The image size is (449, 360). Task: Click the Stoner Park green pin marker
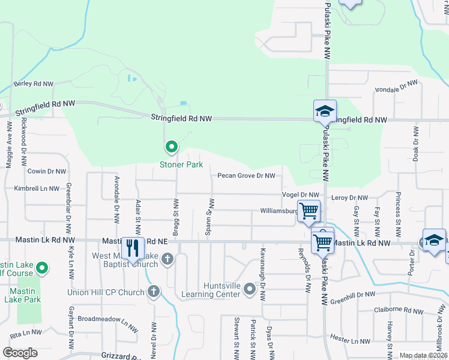coord(171,146)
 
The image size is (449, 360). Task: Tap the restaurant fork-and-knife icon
coord(132,247)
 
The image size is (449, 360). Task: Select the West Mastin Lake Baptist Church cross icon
coord(167,259)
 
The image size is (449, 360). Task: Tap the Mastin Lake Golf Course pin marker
coord(42,268)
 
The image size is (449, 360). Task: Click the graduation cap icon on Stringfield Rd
coord(324,111)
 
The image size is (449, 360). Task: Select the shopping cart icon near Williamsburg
coord(309,211)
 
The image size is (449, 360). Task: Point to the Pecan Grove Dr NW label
coord(246,176)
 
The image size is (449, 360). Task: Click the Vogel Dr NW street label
coord(301,194)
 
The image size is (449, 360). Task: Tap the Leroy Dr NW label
coord(349,197)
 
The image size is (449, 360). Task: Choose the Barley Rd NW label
coord(34,84)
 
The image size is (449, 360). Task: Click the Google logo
coord(20,353)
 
